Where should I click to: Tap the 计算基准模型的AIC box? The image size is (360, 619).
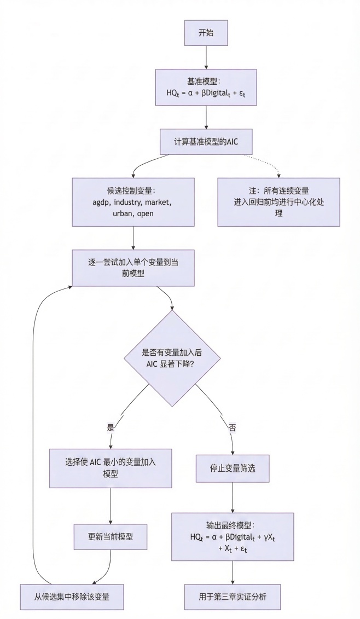point(205,141)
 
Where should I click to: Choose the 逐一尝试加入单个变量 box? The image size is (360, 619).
point(133,268)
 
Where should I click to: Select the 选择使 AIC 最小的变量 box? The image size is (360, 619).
point(111,468)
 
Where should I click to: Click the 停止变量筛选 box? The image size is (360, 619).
point(234,468)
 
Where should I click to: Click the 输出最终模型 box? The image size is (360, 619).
point(234,536)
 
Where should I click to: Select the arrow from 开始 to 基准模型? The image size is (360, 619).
point(205,57)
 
